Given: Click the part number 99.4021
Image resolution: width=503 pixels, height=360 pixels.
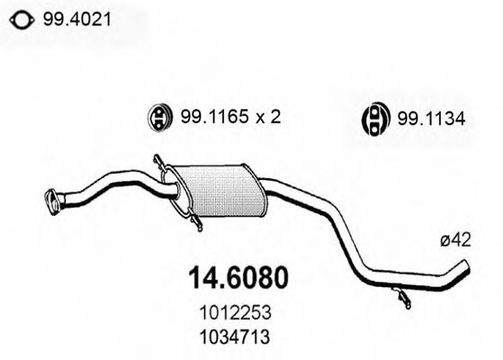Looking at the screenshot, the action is coord(77,20).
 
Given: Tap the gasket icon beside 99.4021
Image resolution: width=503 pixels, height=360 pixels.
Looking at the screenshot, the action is coord(22,21).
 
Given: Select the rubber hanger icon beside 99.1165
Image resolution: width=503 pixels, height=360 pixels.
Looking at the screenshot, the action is coord(159,117).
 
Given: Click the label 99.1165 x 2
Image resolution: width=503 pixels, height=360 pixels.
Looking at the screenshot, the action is coord(230,116).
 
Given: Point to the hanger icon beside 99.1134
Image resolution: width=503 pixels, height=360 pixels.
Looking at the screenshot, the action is coord(375,119).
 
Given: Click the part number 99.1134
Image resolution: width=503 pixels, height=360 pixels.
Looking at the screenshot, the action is coord(431,119).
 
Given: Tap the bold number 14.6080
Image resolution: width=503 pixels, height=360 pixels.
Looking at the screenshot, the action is coord(238,278).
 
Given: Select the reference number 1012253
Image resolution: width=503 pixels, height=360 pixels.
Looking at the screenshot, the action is coord(235,312).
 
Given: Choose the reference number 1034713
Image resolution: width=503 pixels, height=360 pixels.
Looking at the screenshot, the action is coord(235,337).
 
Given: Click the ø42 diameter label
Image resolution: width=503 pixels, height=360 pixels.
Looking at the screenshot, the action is coord(455,239).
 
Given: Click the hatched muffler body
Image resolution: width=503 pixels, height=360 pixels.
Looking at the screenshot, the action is coord(221,191).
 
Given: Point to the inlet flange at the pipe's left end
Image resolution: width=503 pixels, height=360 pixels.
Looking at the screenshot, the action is coord(51,202).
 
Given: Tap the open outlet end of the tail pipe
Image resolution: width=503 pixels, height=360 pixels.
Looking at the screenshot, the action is coord(466,268).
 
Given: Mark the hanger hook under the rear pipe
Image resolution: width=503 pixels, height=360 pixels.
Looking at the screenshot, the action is coord(402,297).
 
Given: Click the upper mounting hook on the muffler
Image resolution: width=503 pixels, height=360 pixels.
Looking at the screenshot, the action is coord(159,163).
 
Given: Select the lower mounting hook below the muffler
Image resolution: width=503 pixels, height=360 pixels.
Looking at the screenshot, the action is coord(196,221).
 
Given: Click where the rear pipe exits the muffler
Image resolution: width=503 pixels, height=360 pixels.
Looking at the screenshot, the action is coord(263,185).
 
